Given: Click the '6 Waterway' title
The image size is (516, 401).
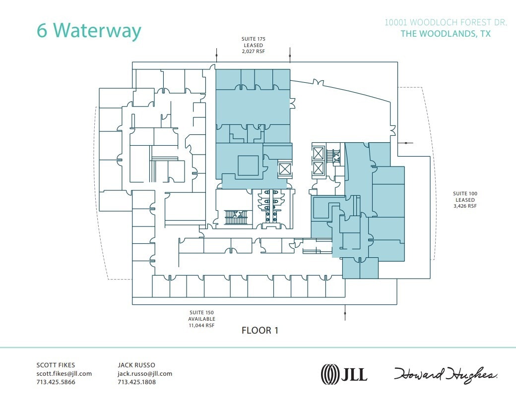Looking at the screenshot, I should click(x=89, y=30).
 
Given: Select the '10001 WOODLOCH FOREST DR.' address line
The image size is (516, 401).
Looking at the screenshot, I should click(x=446, y=23).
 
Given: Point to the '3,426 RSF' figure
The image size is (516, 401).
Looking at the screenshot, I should click(x=464, y=206).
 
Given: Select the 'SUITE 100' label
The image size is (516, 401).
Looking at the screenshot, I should click(x=464, y=193).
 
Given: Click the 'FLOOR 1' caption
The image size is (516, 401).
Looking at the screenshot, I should click(x=259, y=331).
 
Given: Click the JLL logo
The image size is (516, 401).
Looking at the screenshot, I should click(x=344, y=373).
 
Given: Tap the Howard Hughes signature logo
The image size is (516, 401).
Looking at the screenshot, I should click(x=446, y=374).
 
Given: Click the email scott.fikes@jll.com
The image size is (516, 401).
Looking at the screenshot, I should click(x=64, y=374).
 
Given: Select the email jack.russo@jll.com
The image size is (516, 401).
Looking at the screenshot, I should click(x=145, y=374).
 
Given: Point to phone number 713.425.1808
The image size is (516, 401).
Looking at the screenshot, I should click(x=136, y=382).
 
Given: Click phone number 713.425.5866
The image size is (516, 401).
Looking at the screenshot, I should click(x=56, y=382).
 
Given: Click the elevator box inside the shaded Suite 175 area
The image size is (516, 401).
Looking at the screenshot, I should click(x=285, y=169).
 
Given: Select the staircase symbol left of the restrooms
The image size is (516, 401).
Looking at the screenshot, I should click(x=236, y=217).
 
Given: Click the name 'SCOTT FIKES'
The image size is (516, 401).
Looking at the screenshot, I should click(x=56, y=365).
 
